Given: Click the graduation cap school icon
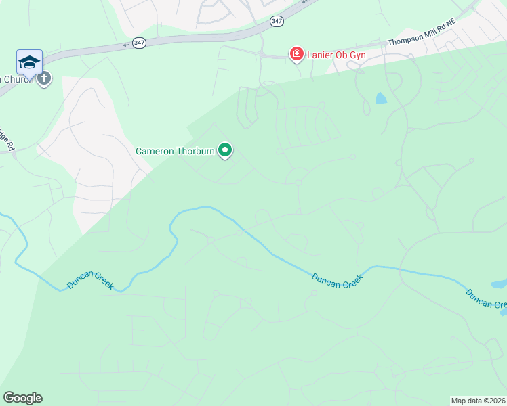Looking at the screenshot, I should (x=29, y=62).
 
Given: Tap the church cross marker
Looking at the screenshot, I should (x=44, y=78).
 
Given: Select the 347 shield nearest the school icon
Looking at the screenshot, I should (x=139, y=42).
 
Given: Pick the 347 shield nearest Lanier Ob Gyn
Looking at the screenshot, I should (x=277, y=21).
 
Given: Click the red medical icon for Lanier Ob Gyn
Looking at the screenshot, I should (x=296, y=54).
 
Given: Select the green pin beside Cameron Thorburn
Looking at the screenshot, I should (x=225, y=151).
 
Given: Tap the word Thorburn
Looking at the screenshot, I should (x=195, y=151).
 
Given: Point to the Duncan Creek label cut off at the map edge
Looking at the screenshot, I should (x=485, y=298).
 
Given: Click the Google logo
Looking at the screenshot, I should (x=22, y=398).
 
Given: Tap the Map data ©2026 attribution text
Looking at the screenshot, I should (x=478, y=401).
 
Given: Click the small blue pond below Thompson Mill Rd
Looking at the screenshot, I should (x=381, y=98).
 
